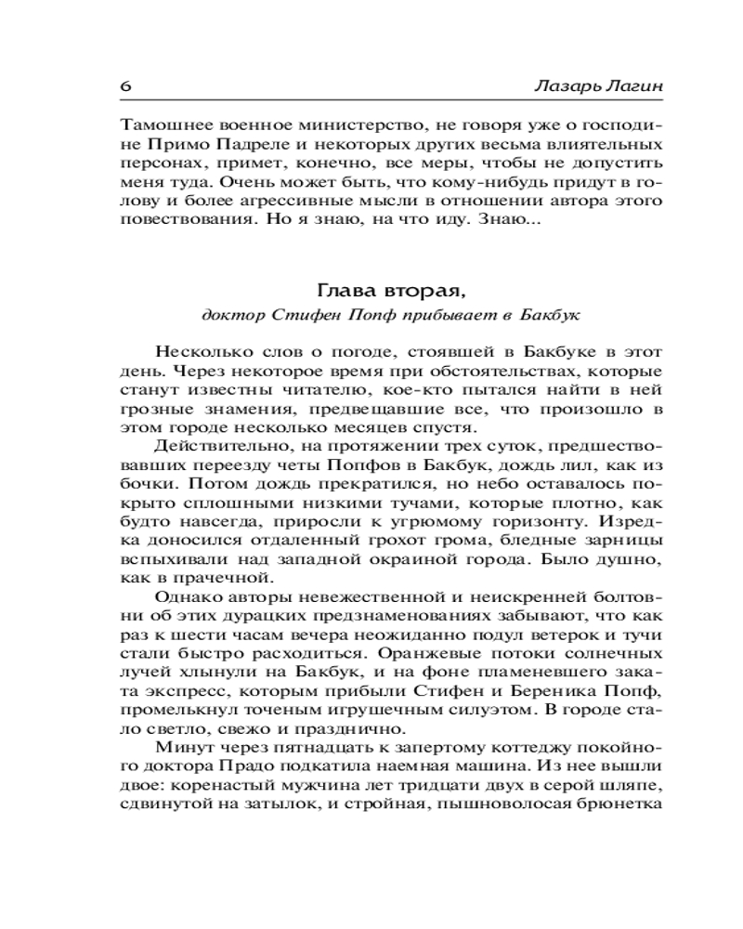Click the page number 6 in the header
click(x=126, y=86)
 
